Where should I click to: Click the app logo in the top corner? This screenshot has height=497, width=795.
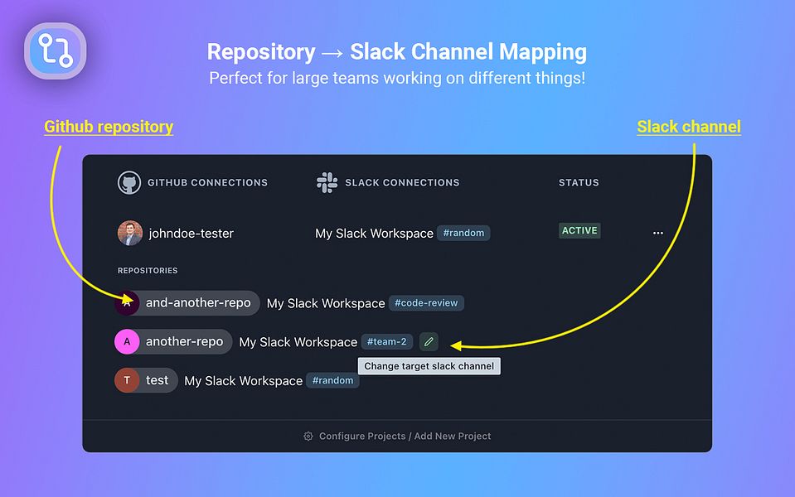pyautogui.click(x=56, y=51)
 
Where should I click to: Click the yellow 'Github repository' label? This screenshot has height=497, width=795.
pyautogui.click(x=109, y=127)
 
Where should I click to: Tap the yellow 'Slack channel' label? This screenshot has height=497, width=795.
pyautogui.click(x=688, y=127)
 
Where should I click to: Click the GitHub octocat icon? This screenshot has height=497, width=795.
pyautogui.click(x=128, y=182)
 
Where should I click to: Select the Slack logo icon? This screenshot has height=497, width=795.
pyautogui.click(x=327, y=182)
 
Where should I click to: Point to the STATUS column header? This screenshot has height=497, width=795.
pyautogui.click(x=579, y=182)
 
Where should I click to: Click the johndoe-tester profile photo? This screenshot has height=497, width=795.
pyautogui.click(x=129, y=233)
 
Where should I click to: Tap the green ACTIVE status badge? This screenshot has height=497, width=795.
pyautogui.click(x=579, y=231)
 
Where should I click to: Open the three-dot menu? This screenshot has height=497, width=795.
pyautogui.click(x=657, y=234)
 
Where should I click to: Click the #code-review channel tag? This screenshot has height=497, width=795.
pyautogui.click(x=426, y=303)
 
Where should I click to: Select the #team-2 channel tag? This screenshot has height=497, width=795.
pyautogui.click(x=386, y=341)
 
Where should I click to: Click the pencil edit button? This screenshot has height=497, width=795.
pyautogui.click(x=428, y=341)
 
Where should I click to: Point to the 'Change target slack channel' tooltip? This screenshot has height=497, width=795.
pyautogui.click(x=429, y=366)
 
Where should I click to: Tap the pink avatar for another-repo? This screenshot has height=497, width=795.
pyautogui.click(x=127, y=341)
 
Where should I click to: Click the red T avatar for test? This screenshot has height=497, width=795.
pyautogui.click(x=127, y=380)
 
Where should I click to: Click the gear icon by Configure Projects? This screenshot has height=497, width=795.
pyautogui.click(x=308, y=436)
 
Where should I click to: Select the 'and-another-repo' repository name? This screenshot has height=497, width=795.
pyautogui.click(x=198, y=303)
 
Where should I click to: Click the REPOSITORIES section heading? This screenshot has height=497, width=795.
pyautogui.click(x=148, y=271)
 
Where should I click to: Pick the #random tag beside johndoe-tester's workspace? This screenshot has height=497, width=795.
pyautogui.click(x=463, y=234)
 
